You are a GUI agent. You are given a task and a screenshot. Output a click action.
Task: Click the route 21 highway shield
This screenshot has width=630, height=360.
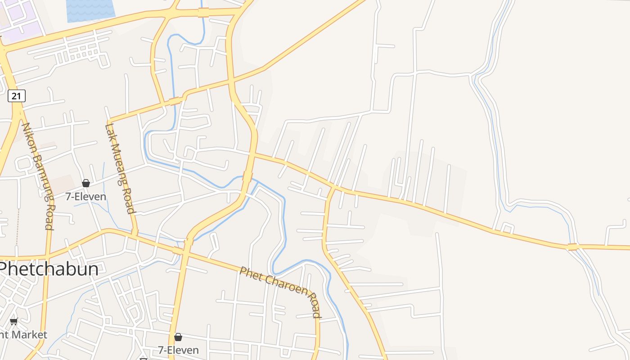[x=16, y=96]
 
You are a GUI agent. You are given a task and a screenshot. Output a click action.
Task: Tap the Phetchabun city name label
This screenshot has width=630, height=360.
[x=49, y=269]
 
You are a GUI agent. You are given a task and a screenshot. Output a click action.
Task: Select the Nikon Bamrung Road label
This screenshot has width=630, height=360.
[x=39, y=175]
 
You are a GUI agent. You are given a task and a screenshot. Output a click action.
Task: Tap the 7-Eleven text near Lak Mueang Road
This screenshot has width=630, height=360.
[x=85, y=197]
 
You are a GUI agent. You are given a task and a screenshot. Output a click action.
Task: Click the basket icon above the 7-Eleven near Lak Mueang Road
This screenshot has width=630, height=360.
[x=86, y=183]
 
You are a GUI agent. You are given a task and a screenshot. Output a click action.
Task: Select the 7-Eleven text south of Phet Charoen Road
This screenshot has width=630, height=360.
[x=178, y=350]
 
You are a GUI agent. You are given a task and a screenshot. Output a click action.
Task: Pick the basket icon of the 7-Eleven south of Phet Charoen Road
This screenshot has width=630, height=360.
[x=178, y=337]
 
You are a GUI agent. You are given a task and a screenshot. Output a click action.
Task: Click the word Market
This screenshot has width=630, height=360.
[x=30, y=335]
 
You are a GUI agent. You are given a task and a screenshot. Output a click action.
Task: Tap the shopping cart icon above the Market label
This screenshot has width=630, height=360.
[x=13, y=321]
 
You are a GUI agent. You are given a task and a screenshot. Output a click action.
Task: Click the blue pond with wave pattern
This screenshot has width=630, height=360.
[x=90, y=10]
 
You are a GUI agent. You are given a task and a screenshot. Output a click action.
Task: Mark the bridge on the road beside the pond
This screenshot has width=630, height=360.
[x=203, y=12]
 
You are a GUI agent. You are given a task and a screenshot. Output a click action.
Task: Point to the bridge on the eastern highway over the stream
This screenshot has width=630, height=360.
[x=572, y=247]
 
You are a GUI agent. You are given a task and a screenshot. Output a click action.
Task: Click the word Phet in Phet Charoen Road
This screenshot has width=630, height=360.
[x=250, y=274]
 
